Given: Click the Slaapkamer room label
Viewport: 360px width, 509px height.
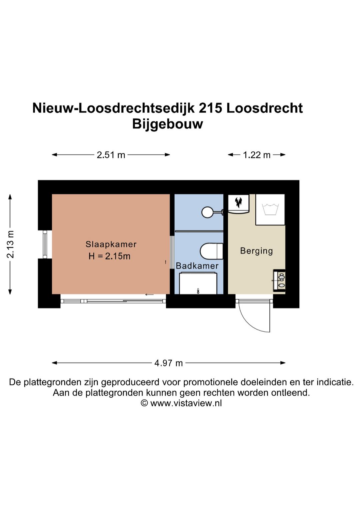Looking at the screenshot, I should tap(111, 244).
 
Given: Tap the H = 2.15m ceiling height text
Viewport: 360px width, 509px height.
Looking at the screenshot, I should tap(109, 256).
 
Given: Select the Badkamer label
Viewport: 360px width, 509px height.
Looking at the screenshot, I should tap(197, 266).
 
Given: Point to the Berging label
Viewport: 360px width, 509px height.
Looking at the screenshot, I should tap(256, 250).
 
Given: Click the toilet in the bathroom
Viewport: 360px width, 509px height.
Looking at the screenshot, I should tap(211, 251).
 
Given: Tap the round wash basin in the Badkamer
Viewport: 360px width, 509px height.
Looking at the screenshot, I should tap(208, 212).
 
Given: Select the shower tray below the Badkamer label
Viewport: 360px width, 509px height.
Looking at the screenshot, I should tap(198, 283).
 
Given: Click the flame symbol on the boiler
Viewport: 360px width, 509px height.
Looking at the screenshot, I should tap(238, 202).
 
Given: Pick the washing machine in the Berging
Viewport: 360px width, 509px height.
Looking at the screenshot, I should tap(270, 209).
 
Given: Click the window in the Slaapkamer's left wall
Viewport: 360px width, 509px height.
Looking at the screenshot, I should tap(45, 244).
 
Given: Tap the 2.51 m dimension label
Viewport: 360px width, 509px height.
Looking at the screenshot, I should tap(111, 155).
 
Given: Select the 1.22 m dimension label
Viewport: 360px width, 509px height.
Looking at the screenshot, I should tap(256, 155).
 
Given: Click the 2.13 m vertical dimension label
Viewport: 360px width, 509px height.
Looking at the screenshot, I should tap(10, 244).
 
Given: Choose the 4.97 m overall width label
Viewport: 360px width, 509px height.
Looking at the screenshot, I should tap(168, 363).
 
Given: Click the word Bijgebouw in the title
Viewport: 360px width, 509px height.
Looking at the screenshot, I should tap(167, 124).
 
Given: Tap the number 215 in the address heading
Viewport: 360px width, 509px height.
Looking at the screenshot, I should tap(210, 108).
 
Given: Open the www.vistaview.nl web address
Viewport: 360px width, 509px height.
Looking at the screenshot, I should tap(186, 403).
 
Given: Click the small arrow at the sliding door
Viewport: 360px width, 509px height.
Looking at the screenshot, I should tap(149, 295).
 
